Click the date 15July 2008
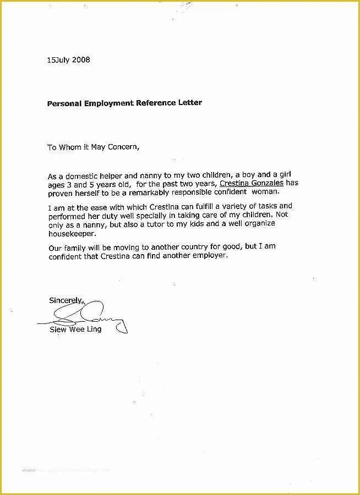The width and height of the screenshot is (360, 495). (x=68, y=60)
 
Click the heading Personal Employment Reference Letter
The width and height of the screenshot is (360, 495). (x=124, y=103)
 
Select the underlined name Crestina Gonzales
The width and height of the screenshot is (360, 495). (x=251, y=183)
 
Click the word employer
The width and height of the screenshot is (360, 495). (x=208, y=256)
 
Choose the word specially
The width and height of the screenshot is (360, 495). (x=148, y=215)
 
